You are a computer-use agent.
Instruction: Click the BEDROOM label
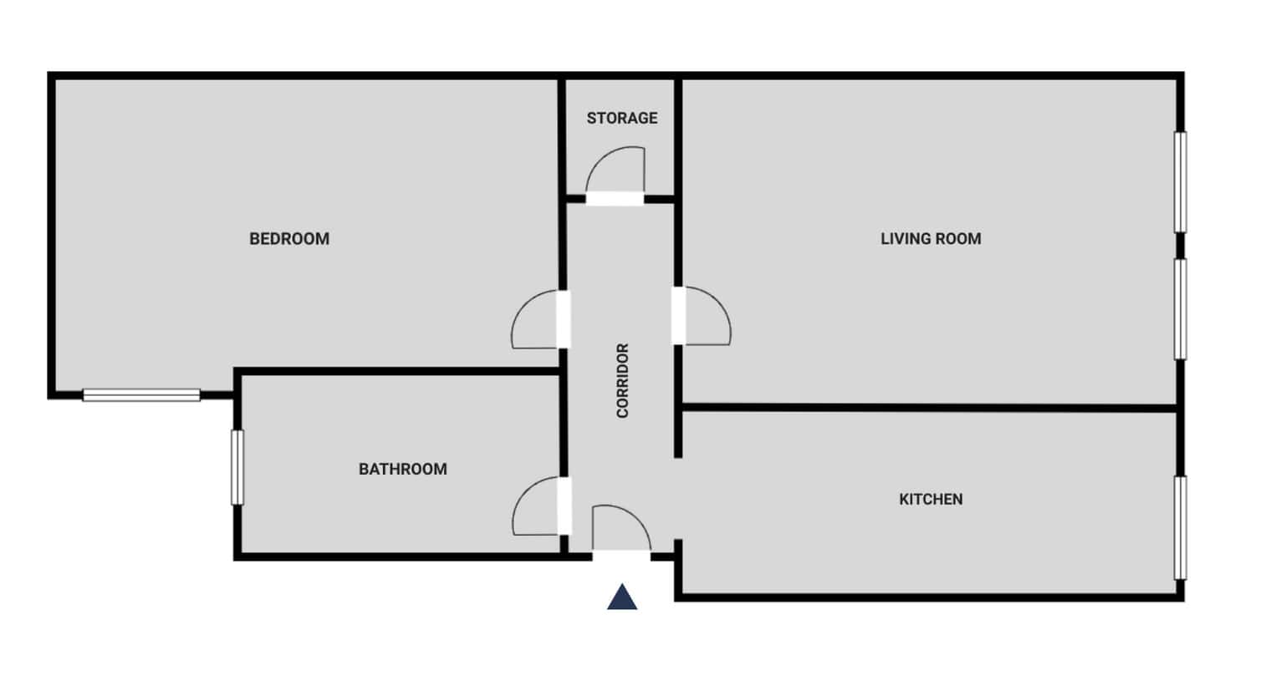coord(289,239)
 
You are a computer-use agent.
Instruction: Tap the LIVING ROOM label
coord(931,239)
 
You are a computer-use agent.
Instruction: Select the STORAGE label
coord(622,118)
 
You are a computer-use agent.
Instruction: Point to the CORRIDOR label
coord(622,380)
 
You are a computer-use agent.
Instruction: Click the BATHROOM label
coord(403,469)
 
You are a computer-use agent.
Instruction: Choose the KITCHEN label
coord(931,499)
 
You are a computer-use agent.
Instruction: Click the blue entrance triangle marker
coord(622,597)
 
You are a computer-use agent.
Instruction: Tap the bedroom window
coord(141,394)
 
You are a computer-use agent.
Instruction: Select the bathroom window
coord(237,467)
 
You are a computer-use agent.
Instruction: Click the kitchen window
coord(1180,527)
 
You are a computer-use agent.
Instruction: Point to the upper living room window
coord(1180,182)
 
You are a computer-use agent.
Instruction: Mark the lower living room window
coord(1180,309)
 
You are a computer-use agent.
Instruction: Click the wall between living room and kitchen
coord(929,407)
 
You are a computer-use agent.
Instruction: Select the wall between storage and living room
coord(677,138)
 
